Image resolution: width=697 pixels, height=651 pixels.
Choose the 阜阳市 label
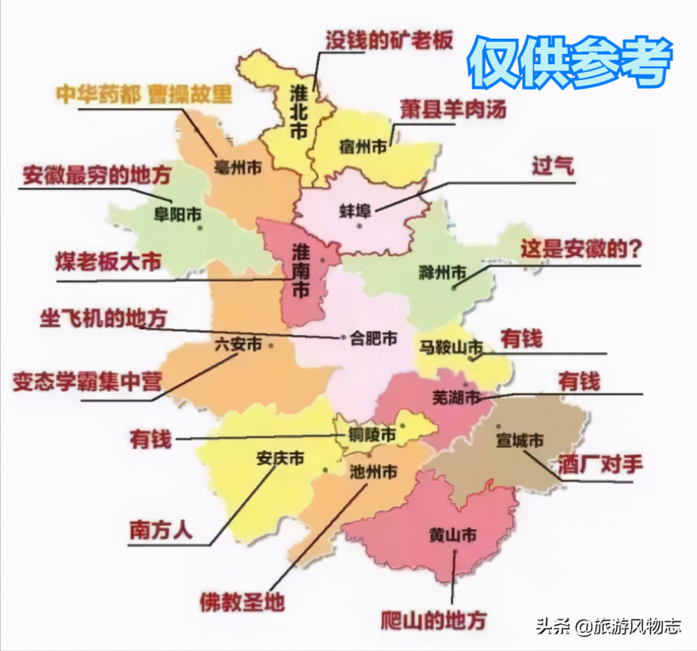coord(177,214)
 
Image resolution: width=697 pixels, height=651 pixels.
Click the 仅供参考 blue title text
coord(569,63)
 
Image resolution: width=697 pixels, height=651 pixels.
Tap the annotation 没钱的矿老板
coord(390,40)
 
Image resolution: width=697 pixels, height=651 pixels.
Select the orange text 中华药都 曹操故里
coord(144,95)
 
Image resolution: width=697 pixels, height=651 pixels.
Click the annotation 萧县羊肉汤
coord(453,108)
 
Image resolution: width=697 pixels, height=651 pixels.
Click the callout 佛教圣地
coord(242,602)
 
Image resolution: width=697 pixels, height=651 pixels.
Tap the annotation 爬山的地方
coord(433,619)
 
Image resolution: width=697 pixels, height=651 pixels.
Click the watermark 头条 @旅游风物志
coord(608,627)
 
